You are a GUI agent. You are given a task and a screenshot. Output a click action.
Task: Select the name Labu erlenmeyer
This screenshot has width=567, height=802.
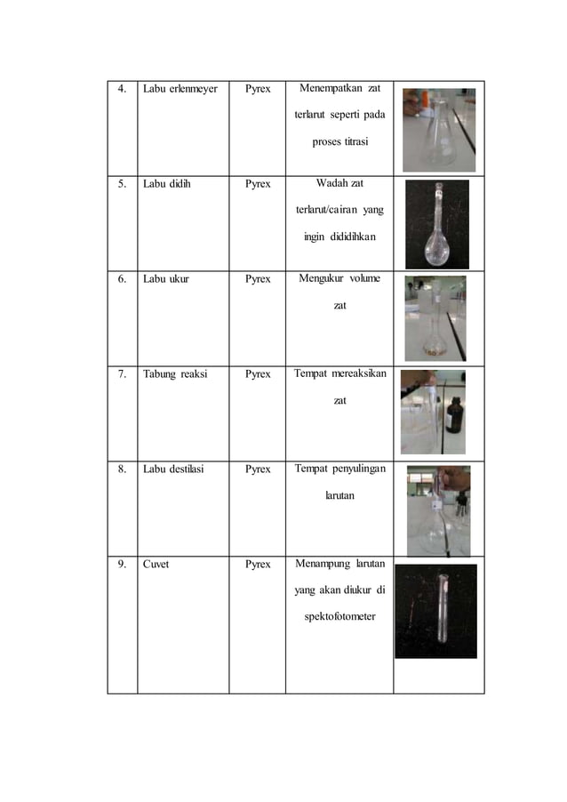click(x=180, y=89)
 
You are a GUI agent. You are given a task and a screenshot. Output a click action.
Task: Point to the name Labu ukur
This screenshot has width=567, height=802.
click(x=165, y=279)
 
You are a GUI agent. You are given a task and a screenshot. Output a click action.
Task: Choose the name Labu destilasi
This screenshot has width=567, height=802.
click(x=173, y=469)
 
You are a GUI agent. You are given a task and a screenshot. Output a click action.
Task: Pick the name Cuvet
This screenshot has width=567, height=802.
click(x=157, y=565)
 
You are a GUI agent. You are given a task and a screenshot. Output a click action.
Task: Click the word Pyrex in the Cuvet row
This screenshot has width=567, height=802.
click(x=258, y=565)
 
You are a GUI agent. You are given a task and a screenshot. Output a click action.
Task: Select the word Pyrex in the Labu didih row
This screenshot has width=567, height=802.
click(x=258, y=184)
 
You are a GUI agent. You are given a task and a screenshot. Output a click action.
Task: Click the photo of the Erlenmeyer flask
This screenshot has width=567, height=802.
click(x=439, y=129)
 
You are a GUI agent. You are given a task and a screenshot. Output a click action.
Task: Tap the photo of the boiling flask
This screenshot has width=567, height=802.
click(x=437, y=224)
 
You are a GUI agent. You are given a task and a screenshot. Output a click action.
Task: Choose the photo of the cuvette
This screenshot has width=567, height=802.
click(x=435, y=611)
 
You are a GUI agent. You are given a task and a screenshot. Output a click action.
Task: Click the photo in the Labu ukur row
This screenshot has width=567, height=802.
click(x=435, y=317)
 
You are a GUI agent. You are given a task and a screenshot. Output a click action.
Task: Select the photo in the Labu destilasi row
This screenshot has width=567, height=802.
click(x=438, y=509)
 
